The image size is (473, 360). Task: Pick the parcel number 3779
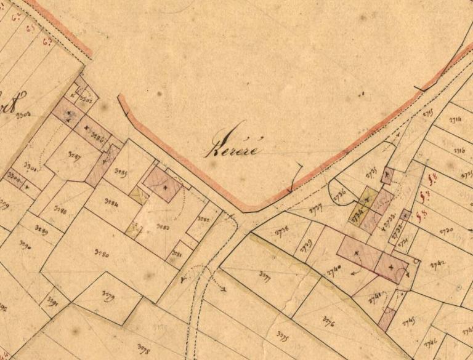(x=105, y=299)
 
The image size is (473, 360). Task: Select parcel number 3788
(x=60, y=210)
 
